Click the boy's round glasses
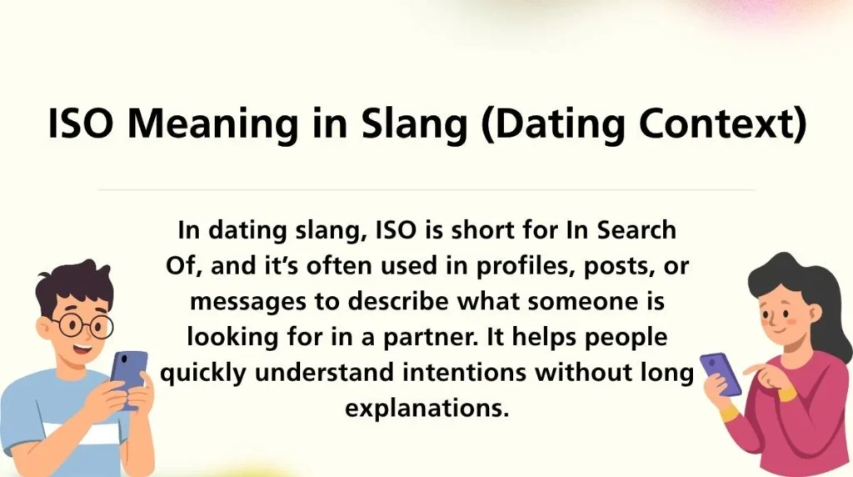pos(82,324)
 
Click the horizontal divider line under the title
pos(426,190)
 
